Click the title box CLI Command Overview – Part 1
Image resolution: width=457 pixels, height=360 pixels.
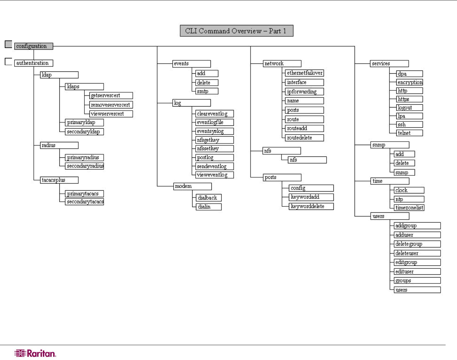(x=236, y=31)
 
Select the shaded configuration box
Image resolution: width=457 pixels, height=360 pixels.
(x=34, y=46)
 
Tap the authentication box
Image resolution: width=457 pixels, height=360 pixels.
(x=34, y=63)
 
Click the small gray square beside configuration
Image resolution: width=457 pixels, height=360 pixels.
(x=9, y=44)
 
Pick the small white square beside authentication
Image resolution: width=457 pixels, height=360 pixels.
(x=9, y=61)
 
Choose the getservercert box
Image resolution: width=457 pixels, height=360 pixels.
(x=111, y=95)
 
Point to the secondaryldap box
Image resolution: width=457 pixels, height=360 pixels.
(x=84, y=132)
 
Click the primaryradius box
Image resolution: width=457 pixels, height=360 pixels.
(x=84, y=157)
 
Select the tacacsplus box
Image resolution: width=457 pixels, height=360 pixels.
(x=59, y=180)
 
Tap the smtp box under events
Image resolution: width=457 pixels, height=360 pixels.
(x=207, y=91)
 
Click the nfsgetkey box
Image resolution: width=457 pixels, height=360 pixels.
(x=215, y=140)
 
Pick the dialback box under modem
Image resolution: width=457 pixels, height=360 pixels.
(x=209, y=198)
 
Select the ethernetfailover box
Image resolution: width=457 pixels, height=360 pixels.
(x=304, y=73)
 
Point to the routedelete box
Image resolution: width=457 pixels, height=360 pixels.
(x=304, y=138)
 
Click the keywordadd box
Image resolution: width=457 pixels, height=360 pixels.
(x=311, y=197)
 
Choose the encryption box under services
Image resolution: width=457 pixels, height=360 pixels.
(x=410, y=82)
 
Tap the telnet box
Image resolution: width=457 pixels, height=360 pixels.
(x=410, y=133)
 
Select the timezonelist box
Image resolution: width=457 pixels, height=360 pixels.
(x=409, y=208)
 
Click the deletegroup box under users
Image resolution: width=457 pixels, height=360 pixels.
(x=417, y=244)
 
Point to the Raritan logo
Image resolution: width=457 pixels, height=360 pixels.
(x=35, y=353)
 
